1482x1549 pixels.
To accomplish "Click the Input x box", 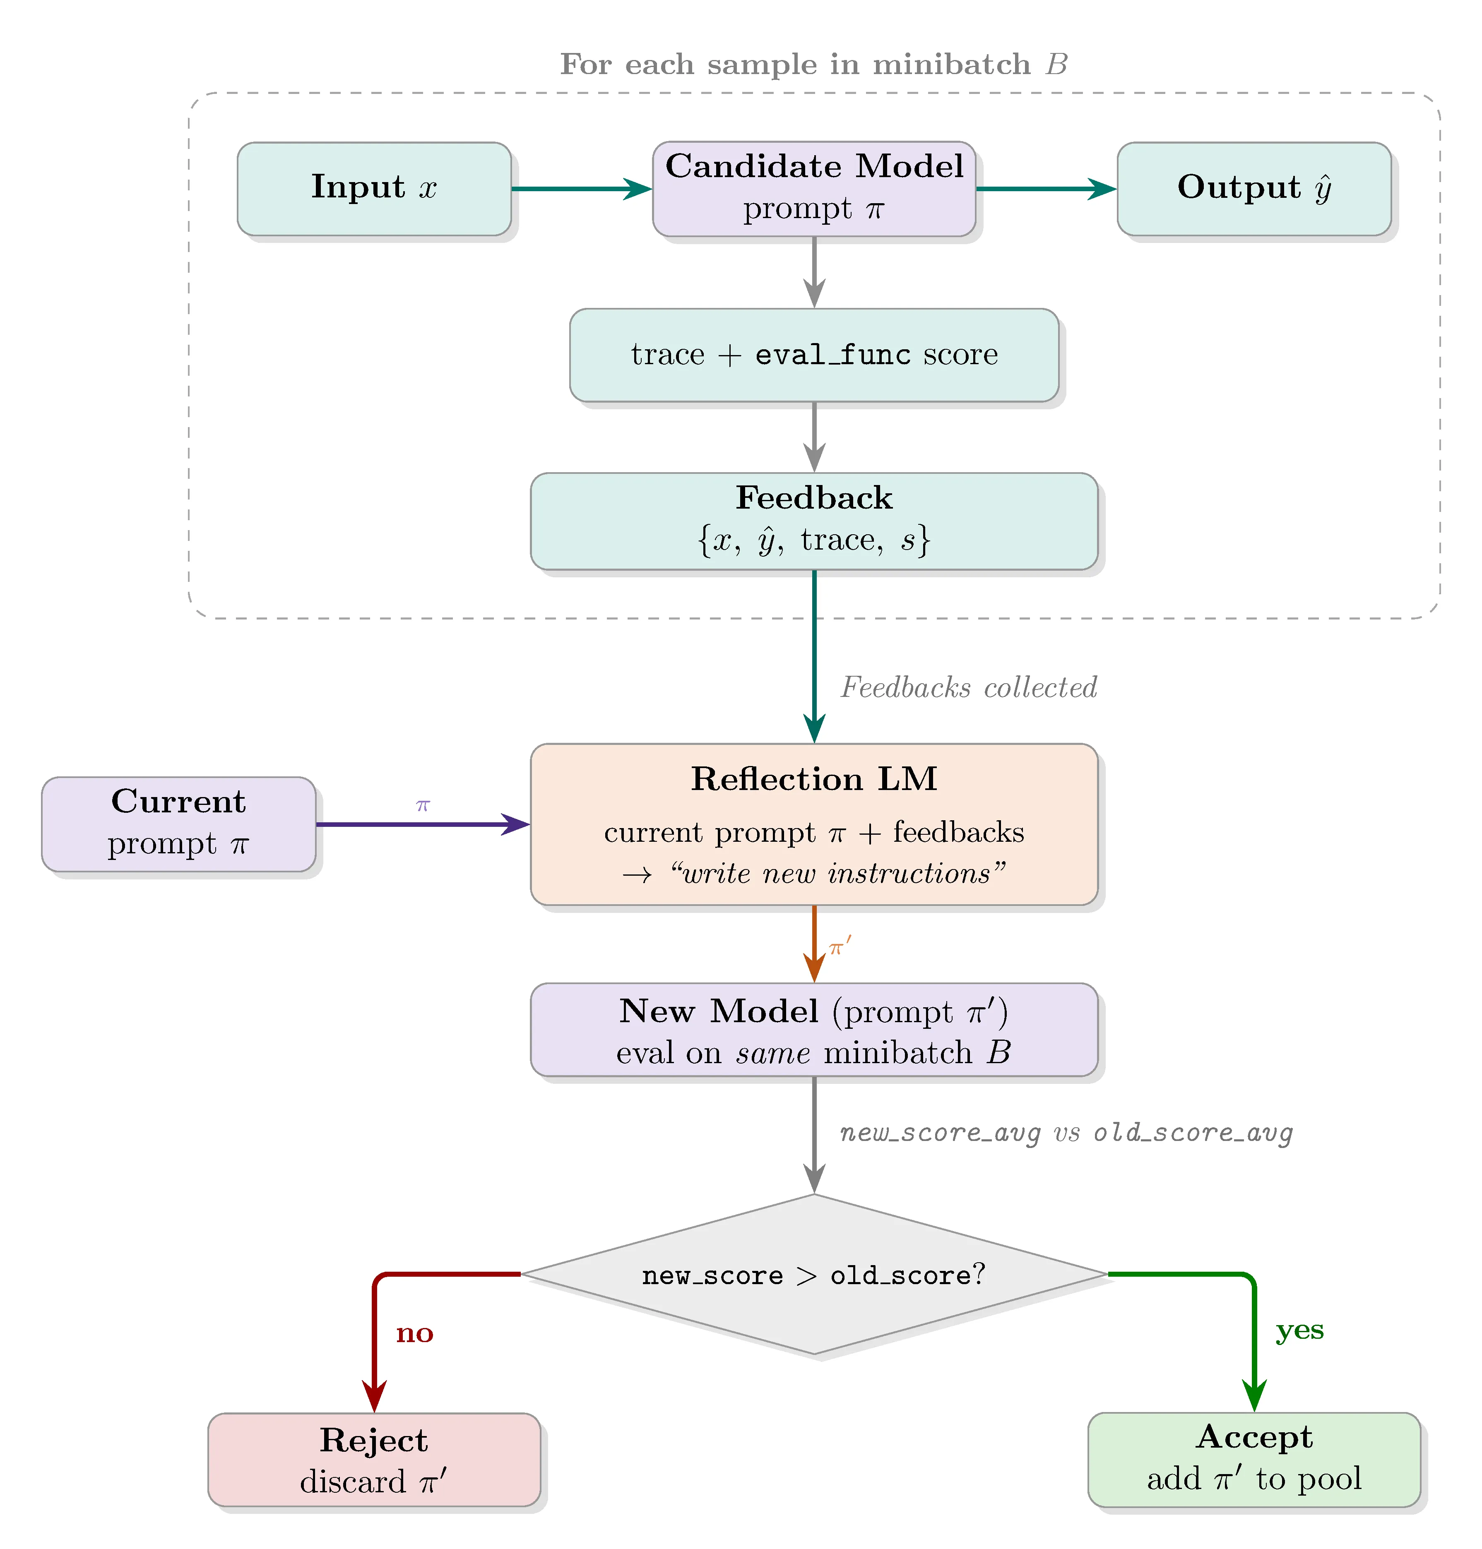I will (374, 189).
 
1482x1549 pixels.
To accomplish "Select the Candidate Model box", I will (814, 189).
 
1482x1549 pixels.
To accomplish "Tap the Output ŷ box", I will (1253, 189).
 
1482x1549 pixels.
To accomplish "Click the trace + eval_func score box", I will (814, 355).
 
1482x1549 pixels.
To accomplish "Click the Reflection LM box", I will (814, 824).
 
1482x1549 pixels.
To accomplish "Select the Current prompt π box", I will (178, 824).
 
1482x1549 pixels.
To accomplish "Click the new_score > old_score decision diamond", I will (814, 1274).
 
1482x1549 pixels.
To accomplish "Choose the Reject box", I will (374, 1459).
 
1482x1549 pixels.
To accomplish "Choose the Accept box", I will (1253, 1459).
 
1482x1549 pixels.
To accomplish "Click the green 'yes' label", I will (1299, 1330).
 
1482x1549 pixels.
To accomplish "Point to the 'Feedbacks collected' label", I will (969, 687).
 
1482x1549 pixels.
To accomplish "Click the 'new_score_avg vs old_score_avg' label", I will (1066, 1133).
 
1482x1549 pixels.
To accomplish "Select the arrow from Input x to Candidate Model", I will (581, 189).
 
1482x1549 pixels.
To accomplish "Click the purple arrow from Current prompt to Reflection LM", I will (423, 824).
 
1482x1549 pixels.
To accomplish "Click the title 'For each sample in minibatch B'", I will (814, 64).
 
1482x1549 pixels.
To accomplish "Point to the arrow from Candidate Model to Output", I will (1045, 189).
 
